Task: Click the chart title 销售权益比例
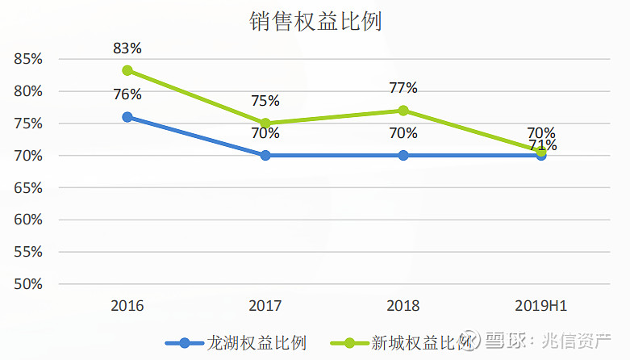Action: click(315, 22)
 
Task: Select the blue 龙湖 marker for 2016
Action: click(127, 117)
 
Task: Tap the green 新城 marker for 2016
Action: click(127, 71)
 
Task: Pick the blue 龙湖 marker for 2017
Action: click(265, 155)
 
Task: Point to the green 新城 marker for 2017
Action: click(265, 123)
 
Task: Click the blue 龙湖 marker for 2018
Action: click(403, 155)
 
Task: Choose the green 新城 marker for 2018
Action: click(403, 111)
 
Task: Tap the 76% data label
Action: click(127, 94)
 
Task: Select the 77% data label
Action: click(403, 88)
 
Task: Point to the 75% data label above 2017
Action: click(265, 101)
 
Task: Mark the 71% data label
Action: click(541, 146)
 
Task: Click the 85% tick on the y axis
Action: click(28, 59)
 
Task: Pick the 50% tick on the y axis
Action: click(28, 284)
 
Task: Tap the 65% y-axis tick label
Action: click(28, 187)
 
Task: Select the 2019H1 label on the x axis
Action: click(541, 307)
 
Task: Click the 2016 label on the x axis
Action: click(127, 307)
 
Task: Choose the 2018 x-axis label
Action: click(403, 307)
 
